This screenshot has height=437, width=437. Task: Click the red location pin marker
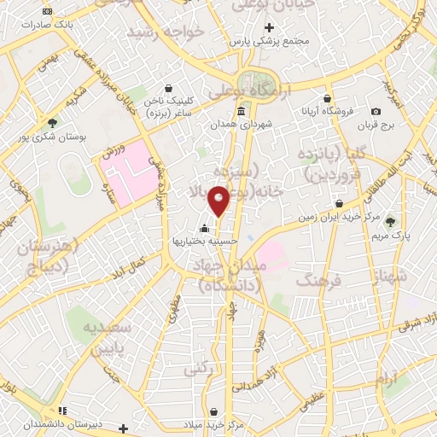coord(218,201)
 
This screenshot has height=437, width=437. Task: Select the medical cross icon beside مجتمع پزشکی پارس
coord(269,27)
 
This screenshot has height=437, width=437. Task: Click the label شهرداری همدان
coord(242,125)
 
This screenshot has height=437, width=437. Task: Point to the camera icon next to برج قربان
coord(376,112)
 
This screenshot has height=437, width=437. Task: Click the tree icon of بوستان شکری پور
coord(53,123)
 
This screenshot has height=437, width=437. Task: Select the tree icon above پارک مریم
coord(391,221)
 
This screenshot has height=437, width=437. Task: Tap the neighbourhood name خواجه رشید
coord(167,32)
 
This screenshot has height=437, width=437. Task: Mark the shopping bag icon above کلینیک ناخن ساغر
coord(168,88)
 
